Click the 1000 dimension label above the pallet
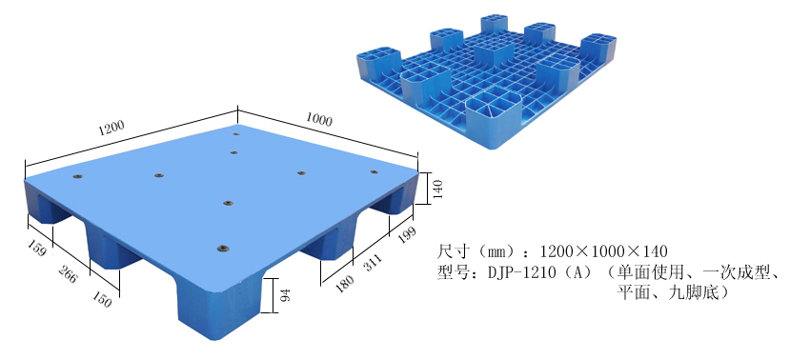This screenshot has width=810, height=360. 318,119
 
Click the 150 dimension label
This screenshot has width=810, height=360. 101,298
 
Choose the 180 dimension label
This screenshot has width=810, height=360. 345,284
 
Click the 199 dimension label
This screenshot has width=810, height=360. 406,235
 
